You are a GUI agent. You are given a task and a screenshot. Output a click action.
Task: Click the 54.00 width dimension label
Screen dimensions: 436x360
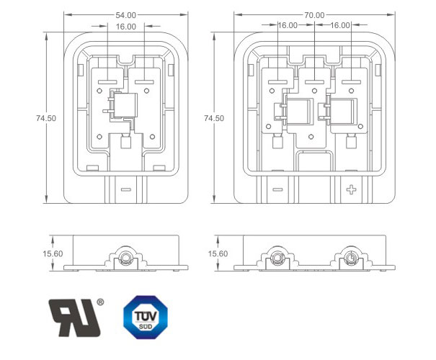tap(125, 15)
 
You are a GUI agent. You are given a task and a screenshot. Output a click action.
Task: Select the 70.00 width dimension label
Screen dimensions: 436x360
tap(314, 15)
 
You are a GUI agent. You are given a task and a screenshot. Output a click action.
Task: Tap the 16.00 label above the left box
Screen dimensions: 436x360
tap(126, 27)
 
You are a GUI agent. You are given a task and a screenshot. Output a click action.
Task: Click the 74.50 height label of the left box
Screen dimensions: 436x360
tap(46, 118)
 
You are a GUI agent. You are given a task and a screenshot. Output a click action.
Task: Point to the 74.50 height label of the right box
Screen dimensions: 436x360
tap(214, 118)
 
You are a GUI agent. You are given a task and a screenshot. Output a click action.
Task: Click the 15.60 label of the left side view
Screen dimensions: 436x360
tap(53, 253)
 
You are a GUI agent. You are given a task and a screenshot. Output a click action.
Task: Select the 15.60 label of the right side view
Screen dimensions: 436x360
tap(218, 253)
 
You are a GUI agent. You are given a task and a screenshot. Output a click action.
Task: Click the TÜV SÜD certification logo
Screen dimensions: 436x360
tap(146, 318)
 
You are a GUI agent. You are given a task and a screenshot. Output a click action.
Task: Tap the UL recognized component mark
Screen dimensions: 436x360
tap(74, 318)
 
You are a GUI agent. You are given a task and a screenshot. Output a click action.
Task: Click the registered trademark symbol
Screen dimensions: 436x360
tap(100, 302)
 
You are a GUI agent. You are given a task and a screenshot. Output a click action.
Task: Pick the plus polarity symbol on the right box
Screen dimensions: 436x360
tap(351, 190)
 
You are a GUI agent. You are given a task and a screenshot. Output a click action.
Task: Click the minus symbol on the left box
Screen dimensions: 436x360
tap(125, 190)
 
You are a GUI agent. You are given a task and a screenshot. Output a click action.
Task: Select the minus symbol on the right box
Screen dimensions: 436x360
tap(277, 190)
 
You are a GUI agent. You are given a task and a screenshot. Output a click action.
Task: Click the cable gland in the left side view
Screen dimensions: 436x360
tap(125, 258)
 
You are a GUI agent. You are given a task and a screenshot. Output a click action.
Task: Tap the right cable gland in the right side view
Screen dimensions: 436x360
tap(351, 258)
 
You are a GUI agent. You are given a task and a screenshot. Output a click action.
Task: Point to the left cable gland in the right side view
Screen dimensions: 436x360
tap(277, 258)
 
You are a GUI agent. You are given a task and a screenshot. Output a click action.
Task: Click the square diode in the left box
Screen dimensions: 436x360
tap(125, 105)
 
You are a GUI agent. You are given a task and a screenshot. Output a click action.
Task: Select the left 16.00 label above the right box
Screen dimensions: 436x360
tap(288, 25)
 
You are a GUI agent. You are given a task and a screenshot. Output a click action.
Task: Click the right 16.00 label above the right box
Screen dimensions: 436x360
tap(340, 25)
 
